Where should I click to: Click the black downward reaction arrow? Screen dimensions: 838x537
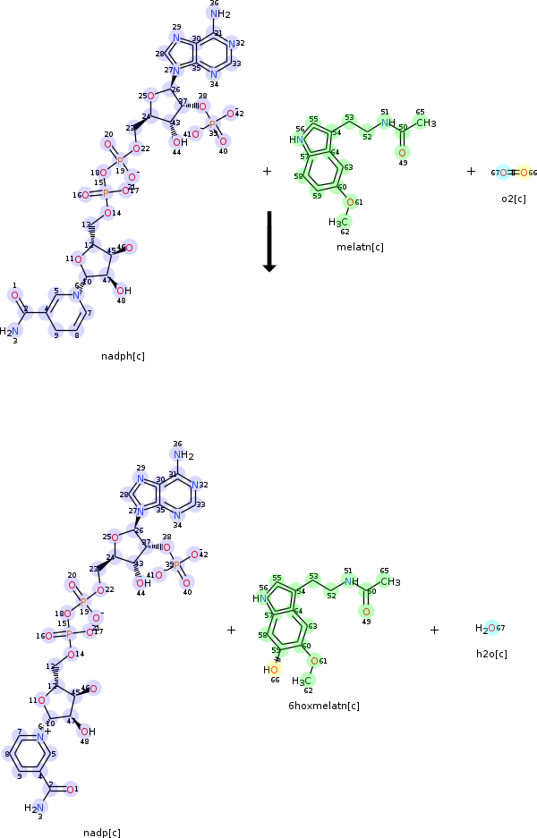[x=268, y=241]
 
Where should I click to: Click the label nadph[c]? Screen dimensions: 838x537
[x=124, y=356]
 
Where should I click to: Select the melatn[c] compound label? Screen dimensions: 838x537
[x=360, y=247]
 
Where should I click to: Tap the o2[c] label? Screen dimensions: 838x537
[x=514, y=199]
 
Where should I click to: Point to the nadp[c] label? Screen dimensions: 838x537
[x=102, y=833]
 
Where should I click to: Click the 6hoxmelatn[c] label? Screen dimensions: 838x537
[x=324, y=706]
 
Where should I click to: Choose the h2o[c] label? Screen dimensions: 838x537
[x=491, y=654]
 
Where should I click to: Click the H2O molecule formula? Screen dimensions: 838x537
[x=485, y=629]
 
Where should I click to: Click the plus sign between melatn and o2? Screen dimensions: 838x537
[x=471, y=171]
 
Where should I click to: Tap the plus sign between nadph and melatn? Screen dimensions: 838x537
[x=267, y=171]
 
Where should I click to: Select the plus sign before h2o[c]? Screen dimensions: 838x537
[x=434, y=630]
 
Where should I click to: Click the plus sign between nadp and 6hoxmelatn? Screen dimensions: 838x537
[x=231, y=630]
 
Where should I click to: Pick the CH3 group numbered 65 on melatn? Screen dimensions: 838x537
[x=426, y=123]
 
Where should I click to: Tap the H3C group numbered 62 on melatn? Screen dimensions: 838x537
[x=339, y=221]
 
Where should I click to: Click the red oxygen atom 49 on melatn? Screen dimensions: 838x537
[x=403, y=153]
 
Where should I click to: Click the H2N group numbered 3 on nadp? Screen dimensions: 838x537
[x=34, y=807]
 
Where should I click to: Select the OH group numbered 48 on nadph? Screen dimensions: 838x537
[x=124, y=290]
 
